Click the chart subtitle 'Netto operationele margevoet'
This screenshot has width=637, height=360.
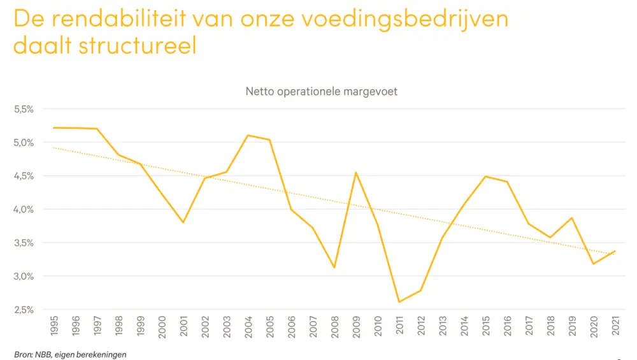click(321, 92)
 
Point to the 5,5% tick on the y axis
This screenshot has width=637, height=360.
click(24, 109)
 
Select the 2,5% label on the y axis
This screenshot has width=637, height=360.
click(24, 310)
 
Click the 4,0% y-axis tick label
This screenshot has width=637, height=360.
click(24, 209)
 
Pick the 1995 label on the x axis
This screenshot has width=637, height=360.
click(54, 326)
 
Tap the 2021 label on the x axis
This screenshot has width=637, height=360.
click(614, 326)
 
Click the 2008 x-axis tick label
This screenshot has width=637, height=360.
click(334, 326)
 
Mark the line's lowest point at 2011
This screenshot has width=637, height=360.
click(399, 302)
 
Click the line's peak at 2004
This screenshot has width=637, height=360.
click(247, 135)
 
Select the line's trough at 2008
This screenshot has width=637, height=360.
click(334, 267)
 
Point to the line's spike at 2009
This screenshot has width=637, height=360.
click(355, 172)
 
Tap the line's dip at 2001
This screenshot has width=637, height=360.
click(183, 222)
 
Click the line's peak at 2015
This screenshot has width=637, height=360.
click(485, 176)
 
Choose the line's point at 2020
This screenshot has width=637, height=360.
click(593, 264)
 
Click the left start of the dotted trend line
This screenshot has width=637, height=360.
click(54, 148)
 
